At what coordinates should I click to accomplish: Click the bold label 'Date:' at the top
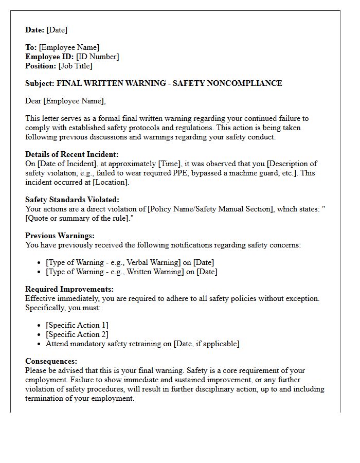point(35,30)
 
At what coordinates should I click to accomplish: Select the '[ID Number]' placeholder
point(98,57)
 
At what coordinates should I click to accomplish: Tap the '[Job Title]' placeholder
point(76,66)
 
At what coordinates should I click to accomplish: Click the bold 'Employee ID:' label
point(49,57)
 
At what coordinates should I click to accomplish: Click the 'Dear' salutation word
point(33,101)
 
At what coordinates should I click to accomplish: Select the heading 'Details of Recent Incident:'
point(72,154)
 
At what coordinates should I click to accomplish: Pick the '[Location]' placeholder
point(111,182)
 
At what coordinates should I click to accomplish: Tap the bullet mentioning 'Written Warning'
point(131,272)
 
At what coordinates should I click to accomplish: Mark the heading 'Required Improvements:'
point(69,289)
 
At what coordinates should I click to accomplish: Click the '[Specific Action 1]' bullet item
point(77,325)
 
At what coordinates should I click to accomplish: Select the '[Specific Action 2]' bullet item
point(77,334)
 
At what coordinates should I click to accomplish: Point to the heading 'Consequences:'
point(51,361)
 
